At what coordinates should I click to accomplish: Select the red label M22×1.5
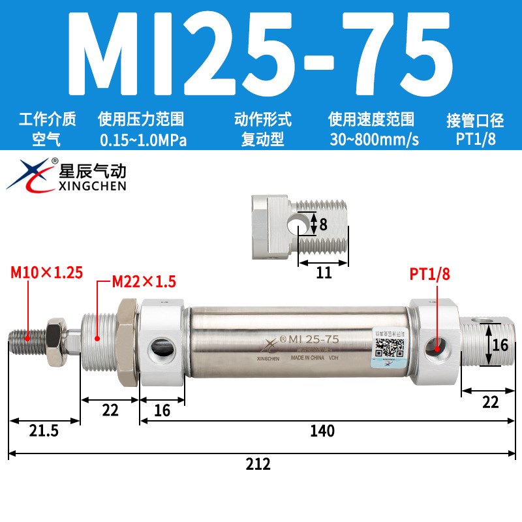(145, 282)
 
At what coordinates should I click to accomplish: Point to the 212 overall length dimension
(258, 465)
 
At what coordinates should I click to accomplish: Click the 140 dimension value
(322, 431)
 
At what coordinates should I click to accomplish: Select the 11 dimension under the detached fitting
(324, 273)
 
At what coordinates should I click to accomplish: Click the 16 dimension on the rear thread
(500, 345)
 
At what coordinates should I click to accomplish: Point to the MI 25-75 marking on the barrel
(313, 339)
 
